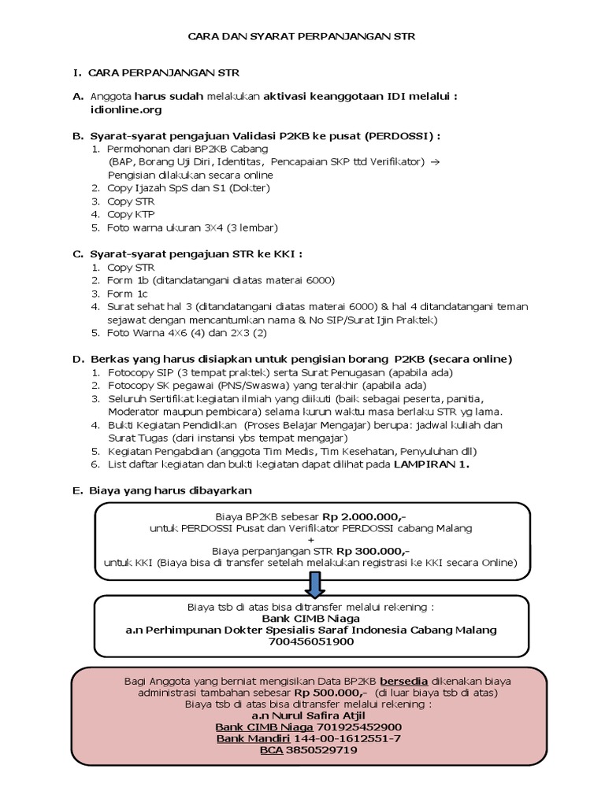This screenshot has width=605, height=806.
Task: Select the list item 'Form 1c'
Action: coord(129,293)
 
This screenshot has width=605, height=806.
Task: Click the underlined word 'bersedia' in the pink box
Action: coord(405,681)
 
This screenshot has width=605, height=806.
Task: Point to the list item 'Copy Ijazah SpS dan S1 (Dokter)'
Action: coord(188,188)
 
